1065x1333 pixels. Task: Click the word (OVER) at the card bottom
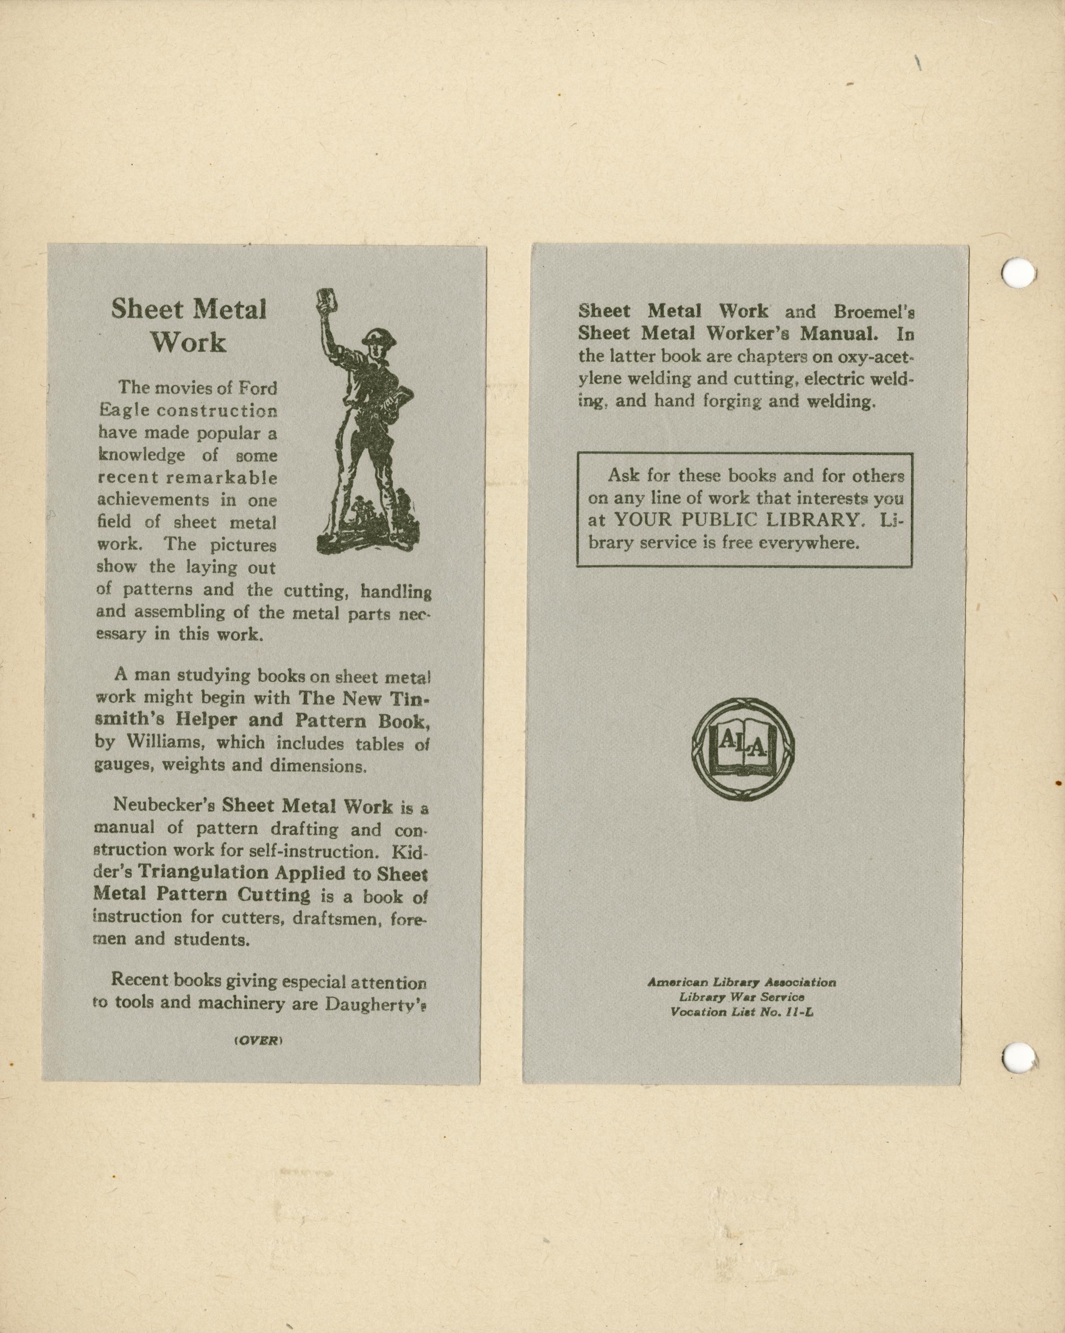pyautogui.click(x=258, y=1041)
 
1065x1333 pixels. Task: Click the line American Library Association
pyautogui.click(x=742, y=982)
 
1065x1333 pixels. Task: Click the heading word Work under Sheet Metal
pyautogui.click(x=189, y=342)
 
